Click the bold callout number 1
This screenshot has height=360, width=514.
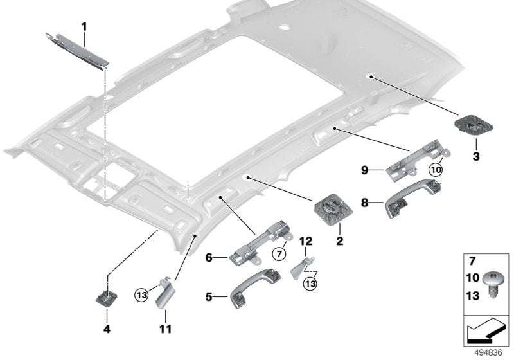pyautogui.click(x=83, y=26)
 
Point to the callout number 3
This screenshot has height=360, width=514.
pyautogui.click(x=476, y=156)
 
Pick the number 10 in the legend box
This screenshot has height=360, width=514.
pyautogui.click(x=472, y=278)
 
